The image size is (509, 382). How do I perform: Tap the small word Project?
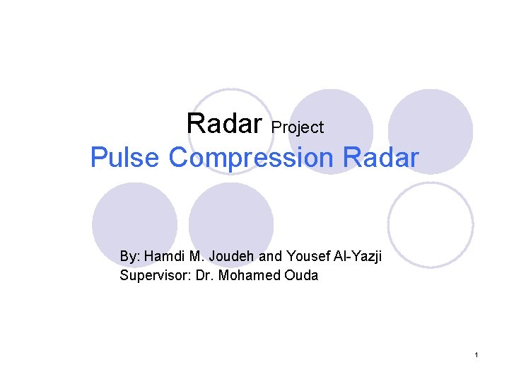click(x=298, y=127)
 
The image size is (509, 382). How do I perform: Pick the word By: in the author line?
click(x=129, y=256)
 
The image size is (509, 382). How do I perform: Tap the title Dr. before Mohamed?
click(x=201, y=275)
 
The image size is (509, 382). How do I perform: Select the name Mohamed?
click(x=247, y=275)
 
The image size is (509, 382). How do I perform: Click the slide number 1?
click(x=477, y=354)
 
